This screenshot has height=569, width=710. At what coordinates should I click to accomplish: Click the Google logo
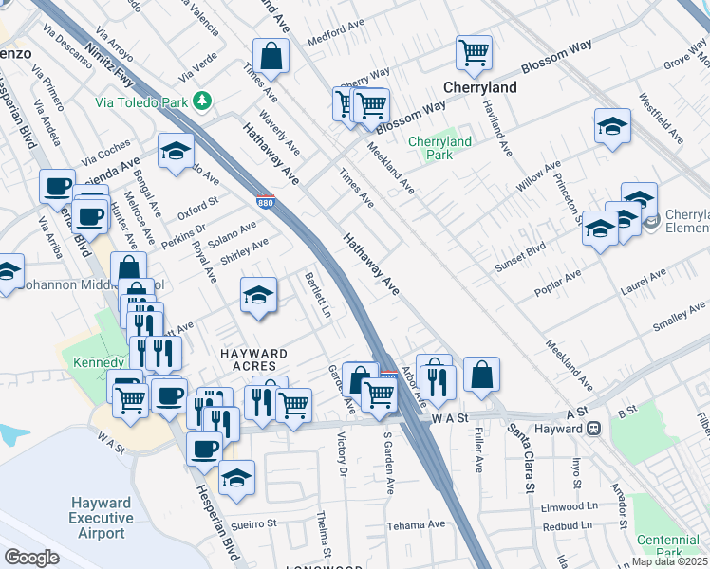[31, 558]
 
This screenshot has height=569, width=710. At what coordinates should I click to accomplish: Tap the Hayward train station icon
[594, 429]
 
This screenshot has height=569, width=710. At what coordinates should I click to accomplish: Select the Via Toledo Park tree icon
[201, 100]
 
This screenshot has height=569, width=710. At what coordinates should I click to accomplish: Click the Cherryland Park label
[439, 148]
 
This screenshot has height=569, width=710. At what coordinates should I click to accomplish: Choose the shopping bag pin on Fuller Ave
[482, 376]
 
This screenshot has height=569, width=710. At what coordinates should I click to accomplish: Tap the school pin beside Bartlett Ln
[258, 296]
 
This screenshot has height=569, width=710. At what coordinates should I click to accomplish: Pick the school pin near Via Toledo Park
[176, 152]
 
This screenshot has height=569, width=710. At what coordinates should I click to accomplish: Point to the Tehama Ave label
[416, 524]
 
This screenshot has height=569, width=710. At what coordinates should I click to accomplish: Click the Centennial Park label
[670, 545]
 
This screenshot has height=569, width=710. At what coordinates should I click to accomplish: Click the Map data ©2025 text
[668, 561]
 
